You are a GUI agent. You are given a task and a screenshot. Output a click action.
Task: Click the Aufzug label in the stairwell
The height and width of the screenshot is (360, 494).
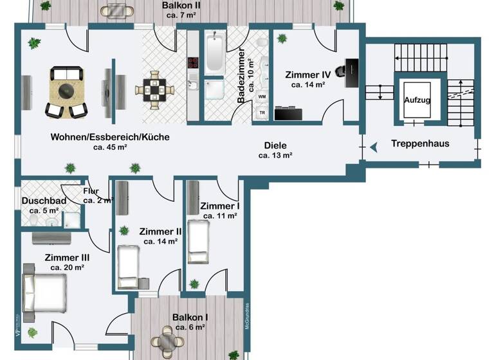point(417,101)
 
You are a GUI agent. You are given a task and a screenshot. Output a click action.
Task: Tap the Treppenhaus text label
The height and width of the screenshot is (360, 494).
point(420,143)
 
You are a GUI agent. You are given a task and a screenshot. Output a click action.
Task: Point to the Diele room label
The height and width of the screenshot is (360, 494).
point(275,145)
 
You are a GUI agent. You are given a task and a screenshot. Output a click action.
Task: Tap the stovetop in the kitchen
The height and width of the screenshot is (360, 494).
point(193,63)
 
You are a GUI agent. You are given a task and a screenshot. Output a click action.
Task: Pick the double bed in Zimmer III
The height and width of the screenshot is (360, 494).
point(44,293)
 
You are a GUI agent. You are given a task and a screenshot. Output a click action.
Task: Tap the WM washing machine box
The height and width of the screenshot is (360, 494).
point(262,96)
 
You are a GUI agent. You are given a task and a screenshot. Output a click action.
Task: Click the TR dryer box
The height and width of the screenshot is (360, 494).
point(262,112)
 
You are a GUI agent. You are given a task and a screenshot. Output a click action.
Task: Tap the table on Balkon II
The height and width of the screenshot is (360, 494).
point(116,11)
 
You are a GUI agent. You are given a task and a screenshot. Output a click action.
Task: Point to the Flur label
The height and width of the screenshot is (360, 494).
point(91,190)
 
